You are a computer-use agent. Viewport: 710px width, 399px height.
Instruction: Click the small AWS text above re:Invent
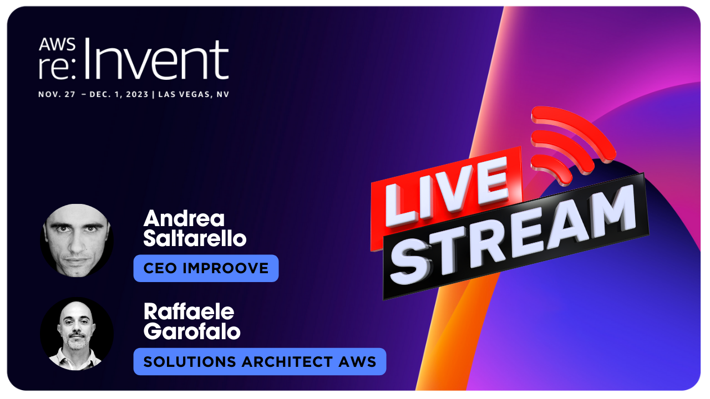click(57, 44)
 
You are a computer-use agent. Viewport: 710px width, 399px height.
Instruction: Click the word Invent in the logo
click(156, 59)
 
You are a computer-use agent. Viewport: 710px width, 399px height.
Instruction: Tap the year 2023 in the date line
click(137, 94)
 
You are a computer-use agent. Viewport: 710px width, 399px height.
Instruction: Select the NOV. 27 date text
click(57, 94)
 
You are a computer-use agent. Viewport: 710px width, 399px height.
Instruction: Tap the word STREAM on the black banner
click(513, 234)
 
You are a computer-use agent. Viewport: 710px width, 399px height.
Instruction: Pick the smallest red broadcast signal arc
click(552, 168)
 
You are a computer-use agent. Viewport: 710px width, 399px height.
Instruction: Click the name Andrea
click(184, 218)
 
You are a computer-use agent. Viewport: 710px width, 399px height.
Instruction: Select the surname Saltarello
click(195, 238)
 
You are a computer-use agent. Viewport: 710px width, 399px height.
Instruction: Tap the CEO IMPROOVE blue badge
click(206, 268)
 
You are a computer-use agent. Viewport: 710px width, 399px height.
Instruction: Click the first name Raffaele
click(189, 311)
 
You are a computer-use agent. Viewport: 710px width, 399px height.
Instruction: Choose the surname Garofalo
click(192, 331)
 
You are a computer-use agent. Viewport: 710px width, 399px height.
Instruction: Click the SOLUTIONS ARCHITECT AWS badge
click(260, 362)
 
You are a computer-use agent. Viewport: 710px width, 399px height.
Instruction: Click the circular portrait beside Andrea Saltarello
click(77, 241)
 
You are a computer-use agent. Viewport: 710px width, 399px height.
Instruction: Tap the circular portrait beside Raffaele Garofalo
click(77, 334)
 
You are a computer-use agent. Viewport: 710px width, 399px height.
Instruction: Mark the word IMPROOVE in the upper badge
click(226, 269)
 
